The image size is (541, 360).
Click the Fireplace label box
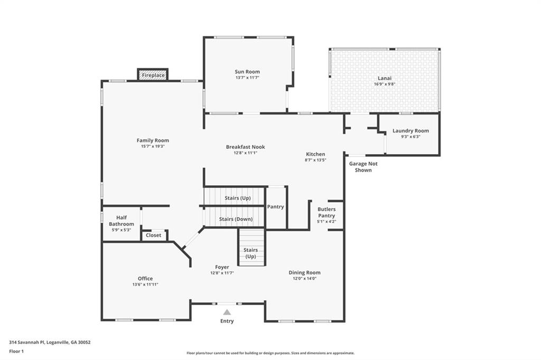153,75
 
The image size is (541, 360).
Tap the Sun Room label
247,72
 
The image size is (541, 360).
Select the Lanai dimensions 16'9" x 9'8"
384,84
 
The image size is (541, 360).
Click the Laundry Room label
411,131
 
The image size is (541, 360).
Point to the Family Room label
153,140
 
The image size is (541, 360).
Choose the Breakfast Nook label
245,147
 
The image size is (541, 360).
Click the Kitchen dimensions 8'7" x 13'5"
315,160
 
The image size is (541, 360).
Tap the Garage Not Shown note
363,167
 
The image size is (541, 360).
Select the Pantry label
275,207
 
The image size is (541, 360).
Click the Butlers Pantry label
327,212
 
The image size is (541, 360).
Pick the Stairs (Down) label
236,219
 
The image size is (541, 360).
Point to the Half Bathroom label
122,221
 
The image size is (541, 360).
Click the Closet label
154,235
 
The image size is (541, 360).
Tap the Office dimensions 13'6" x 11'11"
145,285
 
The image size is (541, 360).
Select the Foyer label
222,267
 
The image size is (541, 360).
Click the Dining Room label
304,273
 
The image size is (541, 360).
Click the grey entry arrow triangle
227,312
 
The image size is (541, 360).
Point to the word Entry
227,321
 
